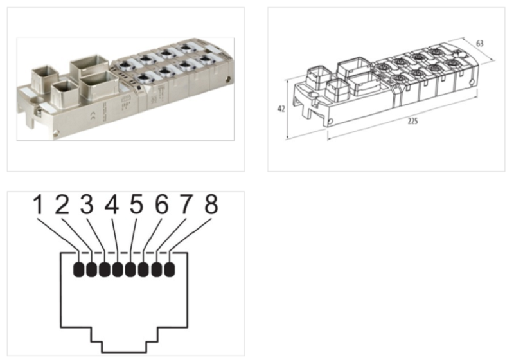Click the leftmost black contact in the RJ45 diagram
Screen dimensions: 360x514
80,269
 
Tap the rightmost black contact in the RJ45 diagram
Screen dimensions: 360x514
170,269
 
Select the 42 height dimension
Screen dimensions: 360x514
281,109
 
